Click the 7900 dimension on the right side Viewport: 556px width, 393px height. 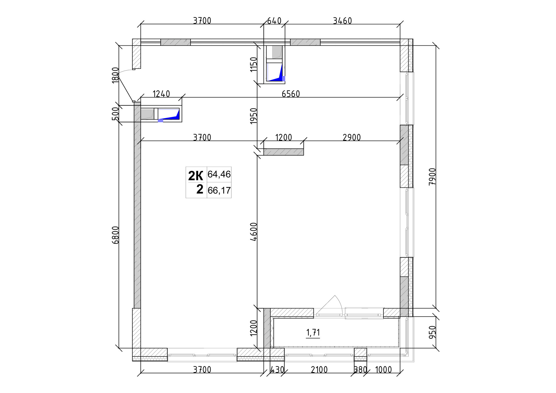click(x=432, y=176)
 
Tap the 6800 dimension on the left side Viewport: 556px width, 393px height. click(x=116, y=235)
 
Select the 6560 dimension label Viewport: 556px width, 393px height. click(x=291, y=94)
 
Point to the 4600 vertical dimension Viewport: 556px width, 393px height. click(x=254, y=232)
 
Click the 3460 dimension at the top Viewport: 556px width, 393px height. click(x=342, y=21)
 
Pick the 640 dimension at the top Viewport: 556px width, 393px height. click(x=274, y=21)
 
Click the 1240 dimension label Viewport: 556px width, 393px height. click(x=161, y=94)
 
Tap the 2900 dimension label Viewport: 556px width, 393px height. click(x=352, y=138)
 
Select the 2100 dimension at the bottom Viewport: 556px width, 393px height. click(x=319, y=370)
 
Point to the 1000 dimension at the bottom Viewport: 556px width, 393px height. click(x=383, y=370)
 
